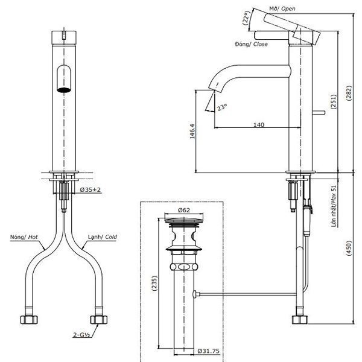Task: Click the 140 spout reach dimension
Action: pyautogui.click(x=258, y=125)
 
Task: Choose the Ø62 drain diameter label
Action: pyautogui.click(x=185, y=210)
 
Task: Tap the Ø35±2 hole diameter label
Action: pyautogui.click(x=91, y=190)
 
